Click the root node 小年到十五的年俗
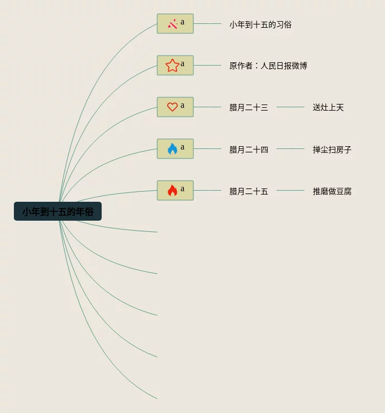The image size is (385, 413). (58, 212)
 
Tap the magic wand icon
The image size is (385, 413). (172, 24)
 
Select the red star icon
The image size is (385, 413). (172, 66)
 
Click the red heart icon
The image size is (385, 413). (172, 107)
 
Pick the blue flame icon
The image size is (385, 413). (172, 149)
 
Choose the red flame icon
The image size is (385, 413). (172, 191)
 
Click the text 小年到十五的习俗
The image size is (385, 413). (261, 24)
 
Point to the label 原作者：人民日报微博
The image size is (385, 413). (268, 66)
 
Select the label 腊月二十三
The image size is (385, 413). (249, 108)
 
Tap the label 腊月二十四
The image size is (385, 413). (249, 150)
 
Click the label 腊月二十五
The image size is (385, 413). (249, 191)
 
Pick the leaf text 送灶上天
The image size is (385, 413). (328, 108)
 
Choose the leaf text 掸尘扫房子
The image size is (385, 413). (332, 150)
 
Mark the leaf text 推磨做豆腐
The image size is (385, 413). (332, 191)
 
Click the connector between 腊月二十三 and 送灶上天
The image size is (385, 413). (291, 107)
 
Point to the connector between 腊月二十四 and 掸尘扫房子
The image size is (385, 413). (291, 148)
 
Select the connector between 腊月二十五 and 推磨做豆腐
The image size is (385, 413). (291, 190)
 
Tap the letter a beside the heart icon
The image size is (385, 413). (182, 106)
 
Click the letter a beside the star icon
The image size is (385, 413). (182, 64)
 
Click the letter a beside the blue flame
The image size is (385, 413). (182, 147)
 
